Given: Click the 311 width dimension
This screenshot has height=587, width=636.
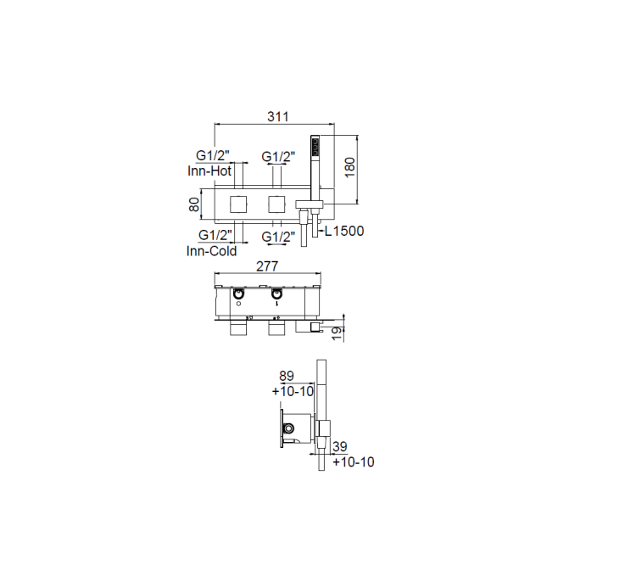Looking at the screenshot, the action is [278, 117].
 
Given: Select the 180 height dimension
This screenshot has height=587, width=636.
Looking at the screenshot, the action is [349, 167].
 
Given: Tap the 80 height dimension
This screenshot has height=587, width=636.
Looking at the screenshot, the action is [194, 204].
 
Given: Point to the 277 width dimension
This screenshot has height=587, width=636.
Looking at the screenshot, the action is [267, 266].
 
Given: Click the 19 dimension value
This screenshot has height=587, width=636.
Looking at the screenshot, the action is [338, 333].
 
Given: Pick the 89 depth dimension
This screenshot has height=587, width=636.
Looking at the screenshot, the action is [287, 376].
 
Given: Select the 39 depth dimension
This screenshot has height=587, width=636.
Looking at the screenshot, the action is [340, 447].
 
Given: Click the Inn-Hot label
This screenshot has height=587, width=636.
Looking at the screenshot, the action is [209, 171].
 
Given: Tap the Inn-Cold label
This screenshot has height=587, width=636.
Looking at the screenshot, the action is [211, 251].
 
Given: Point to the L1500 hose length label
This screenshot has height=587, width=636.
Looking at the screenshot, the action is [344, 232].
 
